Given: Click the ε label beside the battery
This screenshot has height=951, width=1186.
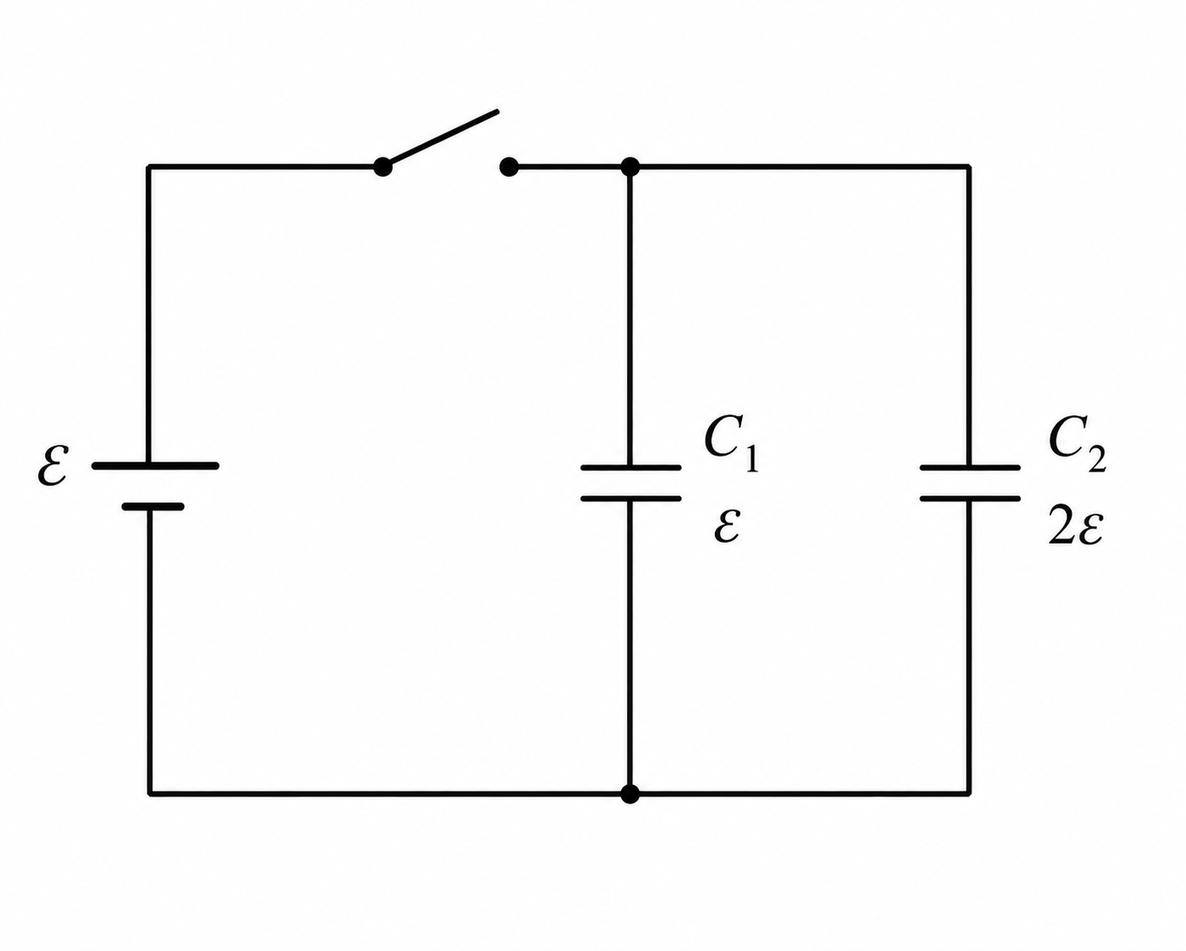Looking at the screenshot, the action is pyautogui.click(x=53, y=466).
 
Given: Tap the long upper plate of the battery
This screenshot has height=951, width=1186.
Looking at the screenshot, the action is pyautogui.click(x=155, y=466).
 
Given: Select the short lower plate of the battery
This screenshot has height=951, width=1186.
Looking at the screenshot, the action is pyautogui.click(x=153, y=506).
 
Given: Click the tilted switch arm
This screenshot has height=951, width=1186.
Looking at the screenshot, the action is pyautogui.click(x=441, y=138).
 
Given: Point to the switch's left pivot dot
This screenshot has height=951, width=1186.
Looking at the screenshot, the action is pyautogui.click(x=382, y=166).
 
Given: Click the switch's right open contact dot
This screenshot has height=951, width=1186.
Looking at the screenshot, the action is pyautogui.click(x=508, y=166).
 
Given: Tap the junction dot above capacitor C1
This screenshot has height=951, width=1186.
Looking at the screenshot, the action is pyautogui.click(x=630, y=166).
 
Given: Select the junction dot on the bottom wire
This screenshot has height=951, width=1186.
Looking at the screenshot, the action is pyautogui.click(x=630, y=794).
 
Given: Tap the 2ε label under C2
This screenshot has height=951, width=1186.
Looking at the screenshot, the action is pyautogui.click(x=1075, y=526).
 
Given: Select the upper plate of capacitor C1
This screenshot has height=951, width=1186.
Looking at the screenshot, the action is pyautogui.click(x=631, y=467).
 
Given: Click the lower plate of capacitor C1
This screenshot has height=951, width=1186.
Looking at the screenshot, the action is pyautogui.click(x=631, y=499).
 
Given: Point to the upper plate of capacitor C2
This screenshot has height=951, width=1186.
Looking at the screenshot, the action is pyautogui.click(x=970, y=467).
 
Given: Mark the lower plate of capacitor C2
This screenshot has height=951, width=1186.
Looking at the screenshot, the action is pyautogui.click(x=970, y=499).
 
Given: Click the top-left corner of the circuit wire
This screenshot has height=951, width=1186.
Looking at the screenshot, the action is pyautogui.click(x=148, y=166).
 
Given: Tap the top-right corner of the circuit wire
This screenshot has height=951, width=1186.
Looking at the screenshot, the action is pyautogui.click(x=969, y=166).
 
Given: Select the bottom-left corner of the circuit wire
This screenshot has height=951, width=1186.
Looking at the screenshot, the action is pyautogui.click(x=149, y=794).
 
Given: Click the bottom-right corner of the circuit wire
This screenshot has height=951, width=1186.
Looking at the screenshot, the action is pyautogui.click(x=969, y=794).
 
